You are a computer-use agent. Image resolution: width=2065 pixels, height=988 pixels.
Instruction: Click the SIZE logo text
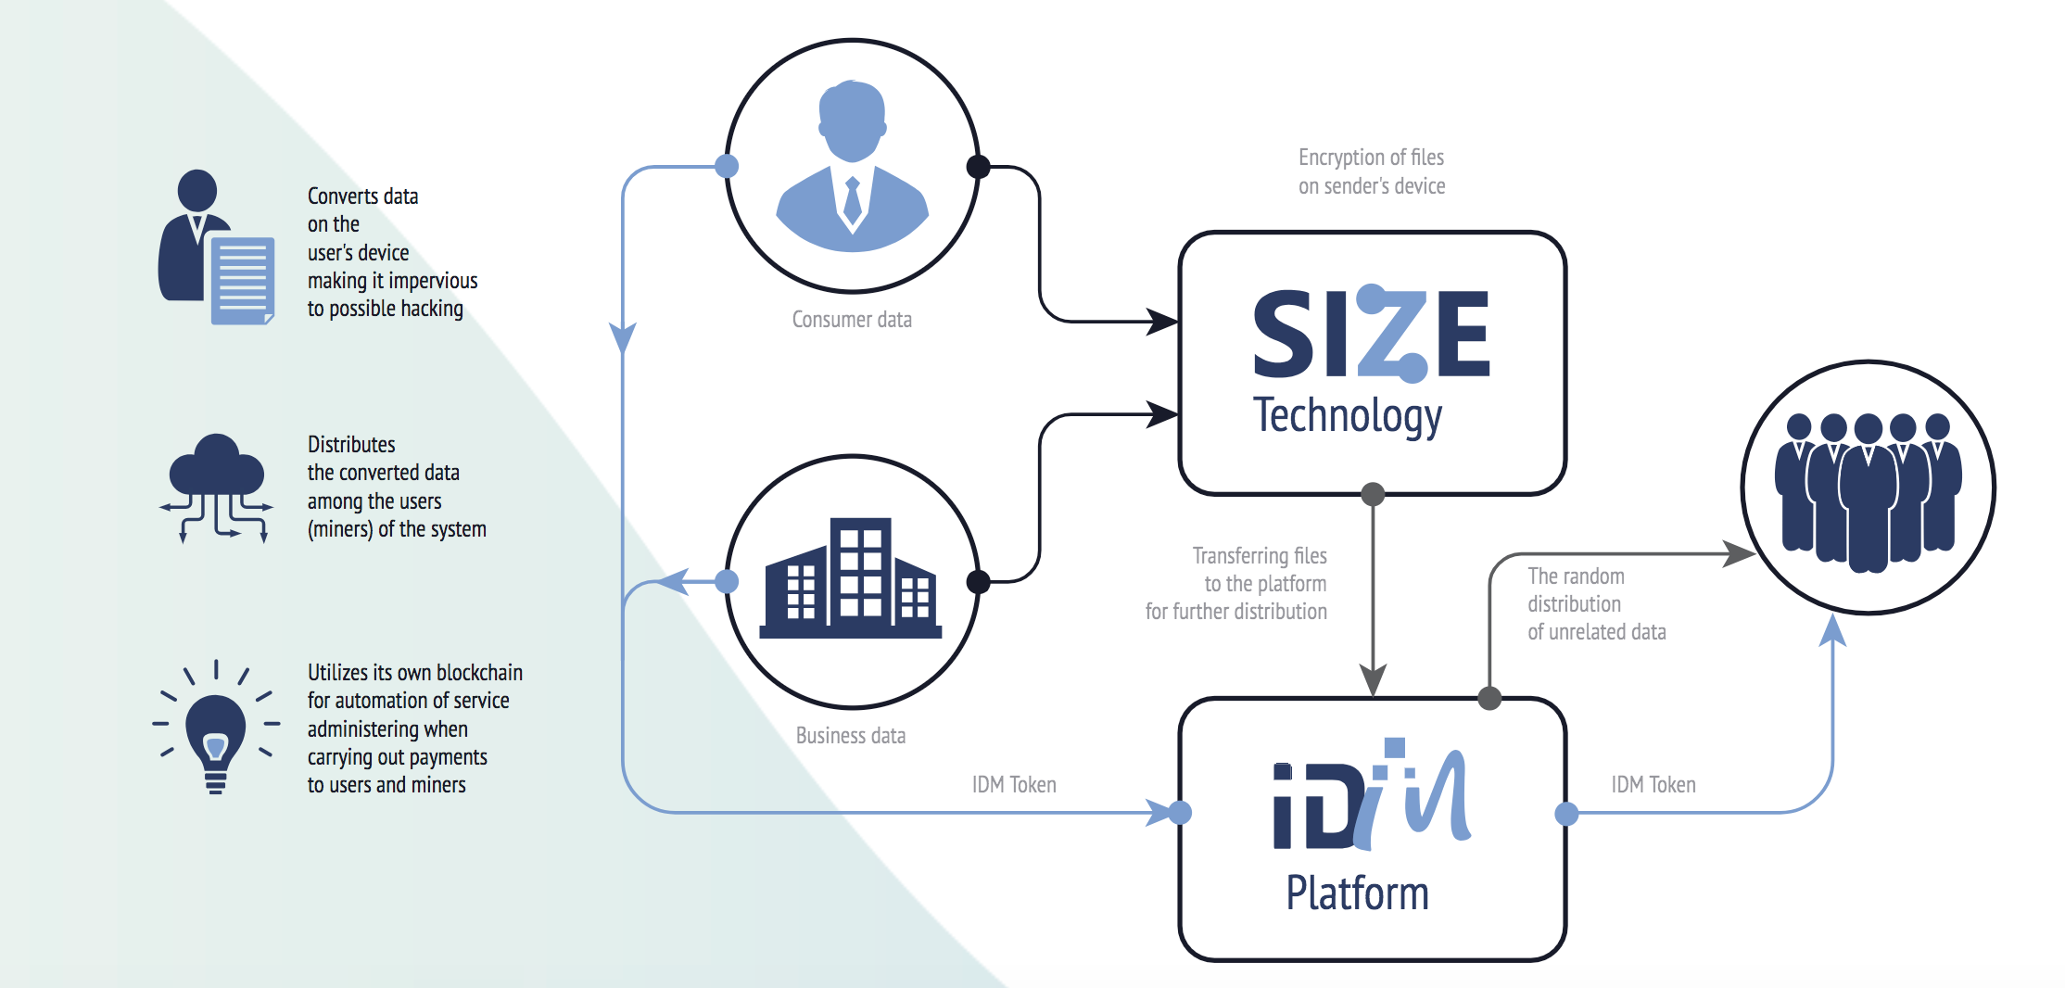1371,334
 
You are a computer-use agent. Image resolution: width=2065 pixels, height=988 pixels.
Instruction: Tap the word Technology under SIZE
1347,416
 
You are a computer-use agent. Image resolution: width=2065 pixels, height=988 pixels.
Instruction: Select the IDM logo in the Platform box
1371,797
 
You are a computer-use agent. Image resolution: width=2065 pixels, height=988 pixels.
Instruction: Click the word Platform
1357,893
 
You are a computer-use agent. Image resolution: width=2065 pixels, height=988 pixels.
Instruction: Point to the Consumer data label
852,320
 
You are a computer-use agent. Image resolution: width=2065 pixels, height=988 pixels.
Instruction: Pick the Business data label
851,736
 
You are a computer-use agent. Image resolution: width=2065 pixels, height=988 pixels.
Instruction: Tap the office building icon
851,579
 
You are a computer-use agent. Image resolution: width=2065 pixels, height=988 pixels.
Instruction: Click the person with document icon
216,247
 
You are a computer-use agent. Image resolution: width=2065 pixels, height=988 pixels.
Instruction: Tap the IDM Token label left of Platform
1014,785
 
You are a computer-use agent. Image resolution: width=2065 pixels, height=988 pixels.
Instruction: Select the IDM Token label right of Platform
1653,785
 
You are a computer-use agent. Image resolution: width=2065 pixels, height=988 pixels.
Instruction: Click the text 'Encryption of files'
1371,158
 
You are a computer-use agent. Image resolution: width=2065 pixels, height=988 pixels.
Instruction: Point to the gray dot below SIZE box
1373,494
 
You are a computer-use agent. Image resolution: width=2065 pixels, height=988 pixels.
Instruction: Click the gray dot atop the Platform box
1489,698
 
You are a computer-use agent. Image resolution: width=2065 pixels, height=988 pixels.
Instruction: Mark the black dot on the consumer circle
978,167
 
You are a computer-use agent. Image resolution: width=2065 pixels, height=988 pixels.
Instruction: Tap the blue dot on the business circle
727,581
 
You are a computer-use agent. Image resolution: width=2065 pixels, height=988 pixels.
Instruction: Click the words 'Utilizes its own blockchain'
415,673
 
